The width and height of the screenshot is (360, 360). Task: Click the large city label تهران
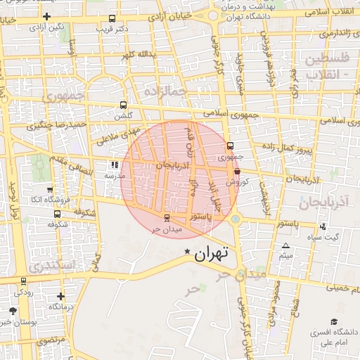(x=212, y=255)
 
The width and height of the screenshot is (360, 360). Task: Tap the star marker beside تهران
(x=187, y=251)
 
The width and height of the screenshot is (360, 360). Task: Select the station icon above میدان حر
(x=167, y=217)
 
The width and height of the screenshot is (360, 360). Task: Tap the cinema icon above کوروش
(x=236, y=171)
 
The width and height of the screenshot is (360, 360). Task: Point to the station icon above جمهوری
(x=231, y=146)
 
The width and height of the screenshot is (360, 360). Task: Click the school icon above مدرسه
(x=114, y=166)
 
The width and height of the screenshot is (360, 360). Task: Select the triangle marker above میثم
(x=285, y=245)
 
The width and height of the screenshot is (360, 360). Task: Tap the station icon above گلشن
(x=124, y=104)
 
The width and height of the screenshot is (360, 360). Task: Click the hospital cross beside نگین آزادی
(x=46, y=16)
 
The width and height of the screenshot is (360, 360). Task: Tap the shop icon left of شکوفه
(x=50, y=214)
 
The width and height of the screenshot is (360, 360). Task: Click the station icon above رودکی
(x=25, y=281)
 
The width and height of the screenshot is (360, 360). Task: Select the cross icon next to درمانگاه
(x=60, y=296)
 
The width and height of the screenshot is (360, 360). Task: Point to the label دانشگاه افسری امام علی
(x=331, y=337)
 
